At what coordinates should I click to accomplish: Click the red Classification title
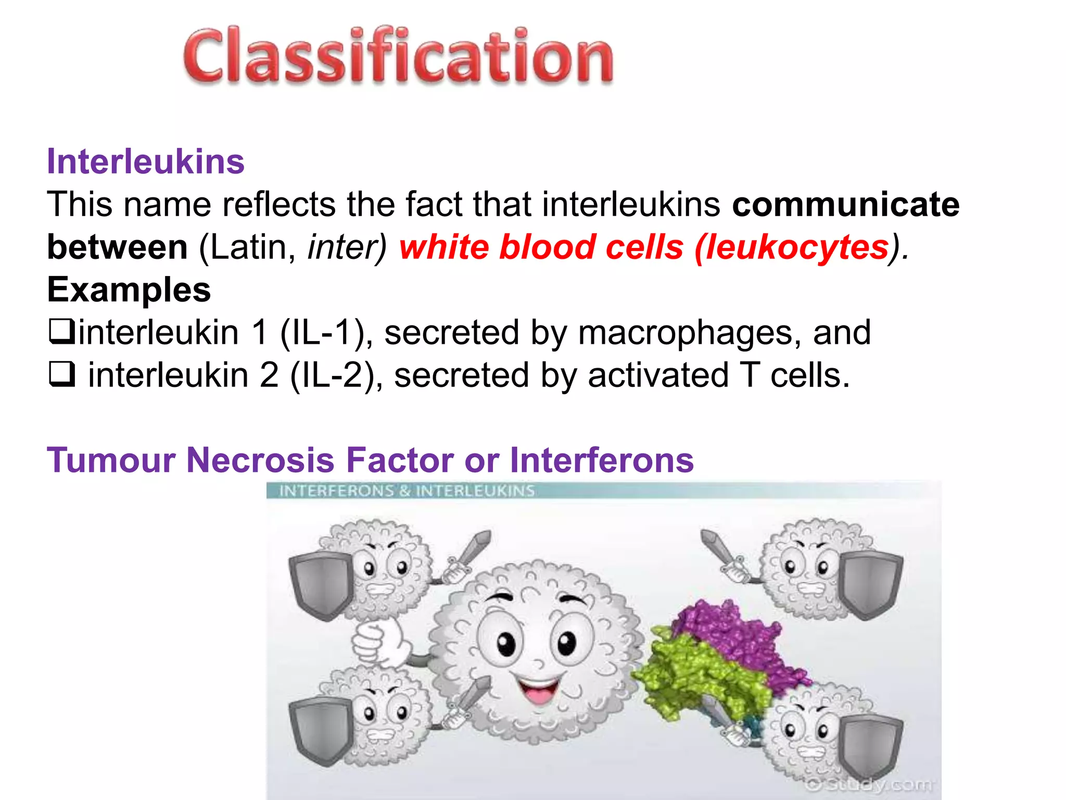coord(398,56)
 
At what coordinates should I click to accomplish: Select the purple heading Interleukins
coord(146,161)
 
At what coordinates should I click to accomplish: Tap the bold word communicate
coord(846,204)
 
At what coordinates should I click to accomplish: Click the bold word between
coord(117,247)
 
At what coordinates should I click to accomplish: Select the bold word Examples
coord(129,290)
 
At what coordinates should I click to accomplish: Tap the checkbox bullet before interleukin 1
coord(61,332)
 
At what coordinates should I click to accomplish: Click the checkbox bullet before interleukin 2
coord(61,374)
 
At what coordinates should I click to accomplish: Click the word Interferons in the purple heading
coord(602,460)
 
